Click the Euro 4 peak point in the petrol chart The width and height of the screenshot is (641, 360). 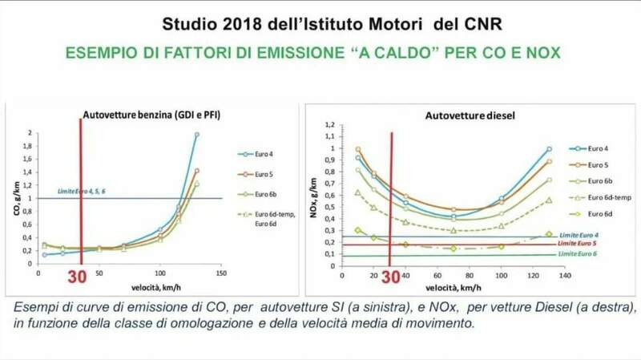point(197,135)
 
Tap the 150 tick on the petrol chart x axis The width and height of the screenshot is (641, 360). point(220,273)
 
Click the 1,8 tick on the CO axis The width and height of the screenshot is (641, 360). point(30,146)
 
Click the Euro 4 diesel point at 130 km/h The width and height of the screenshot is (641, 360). point(549,148)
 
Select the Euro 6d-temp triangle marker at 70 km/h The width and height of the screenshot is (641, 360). point(454,231)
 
